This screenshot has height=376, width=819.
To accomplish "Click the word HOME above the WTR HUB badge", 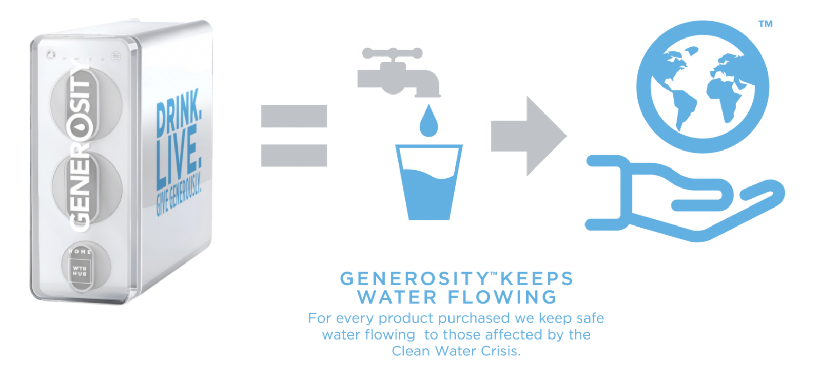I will (79, 252).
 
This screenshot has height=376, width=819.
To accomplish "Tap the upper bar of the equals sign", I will (294, 116).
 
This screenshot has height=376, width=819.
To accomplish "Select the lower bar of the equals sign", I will (294, 156).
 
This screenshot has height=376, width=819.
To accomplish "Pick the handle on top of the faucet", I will (392, 53).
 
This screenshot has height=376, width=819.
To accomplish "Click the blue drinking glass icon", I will (428, 180).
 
